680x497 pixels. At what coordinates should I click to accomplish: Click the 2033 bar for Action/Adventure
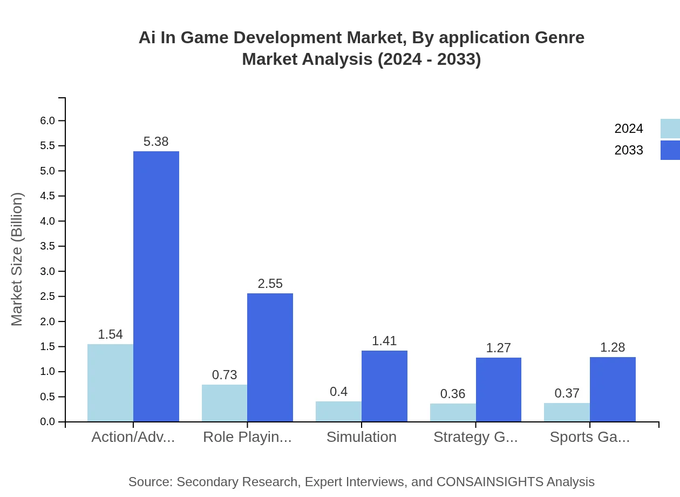156,286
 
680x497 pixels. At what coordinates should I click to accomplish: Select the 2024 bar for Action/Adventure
110,382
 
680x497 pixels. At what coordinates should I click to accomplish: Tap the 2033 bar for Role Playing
270,357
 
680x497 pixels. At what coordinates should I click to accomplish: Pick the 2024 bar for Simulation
338,411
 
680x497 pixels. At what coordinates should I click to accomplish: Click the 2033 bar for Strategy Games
498,389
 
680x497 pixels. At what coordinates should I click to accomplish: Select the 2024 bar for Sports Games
567,412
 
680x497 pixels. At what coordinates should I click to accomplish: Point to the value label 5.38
156,142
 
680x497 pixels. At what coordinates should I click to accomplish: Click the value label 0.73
225,375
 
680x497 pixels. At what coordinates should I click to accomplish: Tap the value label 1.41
384,341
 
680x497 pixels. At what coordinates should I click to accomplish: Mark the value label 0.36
453,394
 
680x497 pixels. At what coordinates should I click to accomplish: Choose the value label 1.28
613,347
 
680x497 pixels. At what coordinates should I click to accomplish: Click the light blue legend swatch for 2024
670,129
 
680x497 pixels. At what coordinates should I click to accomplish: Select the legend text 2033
629,150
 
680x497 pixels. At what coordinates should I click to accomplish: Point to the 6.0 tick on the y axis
48,120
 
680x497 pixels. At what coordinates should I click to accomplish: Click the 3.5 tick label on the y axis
48,246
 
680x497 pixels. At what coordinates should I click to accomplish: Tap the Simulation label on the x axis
362,437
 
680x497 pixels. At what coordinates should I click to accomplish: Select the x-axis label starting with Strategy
475,437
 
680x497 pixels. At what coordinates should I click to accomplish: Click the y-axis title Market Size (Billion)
17,259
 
